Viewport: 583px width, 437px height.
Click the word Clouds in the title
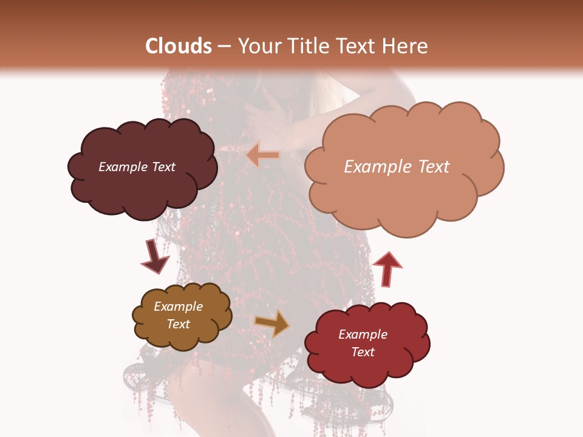coord(179,46)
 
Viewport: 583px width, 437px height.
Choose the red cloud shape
coord(367,370)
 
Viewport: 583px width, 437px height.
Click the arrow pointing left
coord(263,155)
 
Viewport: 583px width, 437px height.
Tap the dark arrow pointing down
coord(155,256)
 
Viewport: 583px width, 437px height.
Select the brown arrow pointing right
coord(272,323)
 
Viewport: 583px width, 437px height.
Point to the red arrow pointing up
coord(387,268)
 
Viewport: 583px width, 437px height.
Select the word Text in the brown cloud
coord(179,324)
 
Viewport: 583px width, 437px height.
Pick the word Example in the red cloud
coord(363,334)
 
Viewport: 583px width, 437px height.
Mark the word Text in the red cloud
coord(363,352)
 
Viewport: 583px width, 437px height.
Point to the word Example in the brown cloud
coord(179,307)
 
